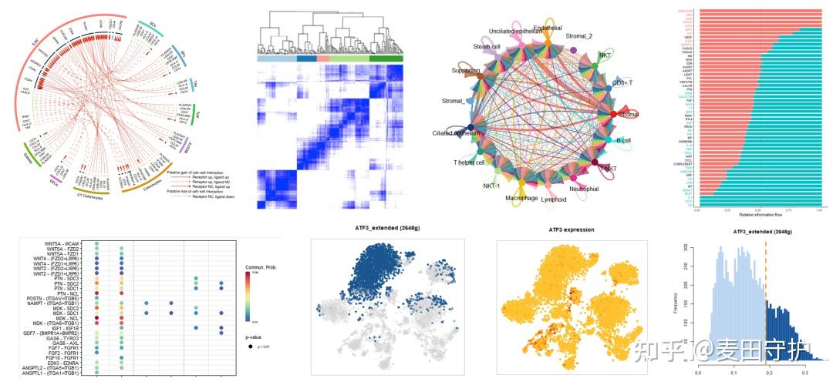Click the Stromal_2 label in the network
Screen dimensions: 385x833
(x=581, y=36)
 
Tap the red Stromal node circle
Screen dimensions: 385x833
(x=613, y=114)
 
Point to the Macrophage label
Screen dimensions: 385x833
(x=522, y=197)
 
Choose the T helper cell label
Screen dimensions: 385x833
(x=469, y=162)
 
